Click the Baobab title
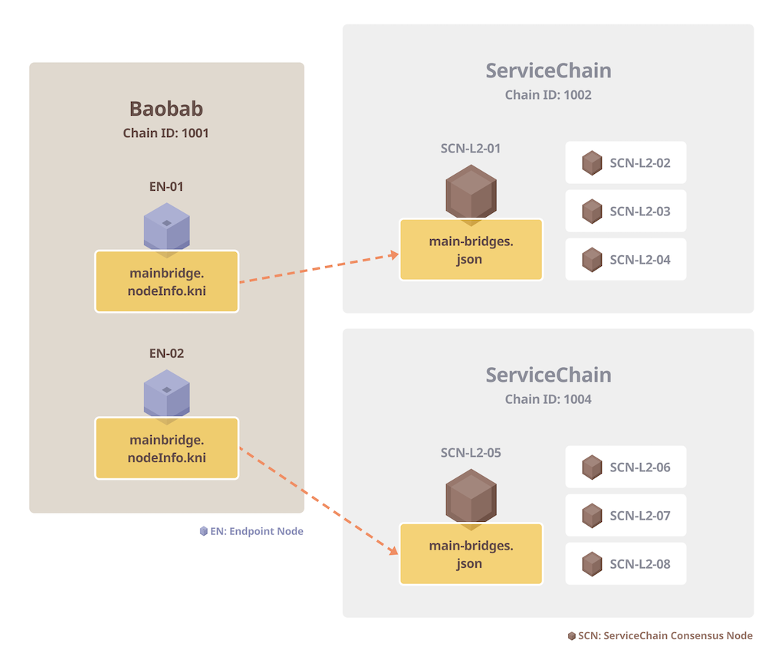[166, 108]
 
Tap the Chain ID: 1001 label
[166, 133]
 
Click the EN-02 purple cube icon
[166, 393]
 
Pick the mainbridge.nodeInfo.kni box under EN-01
[167, 281]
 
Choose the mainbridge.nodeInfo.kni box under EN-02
[167, 448]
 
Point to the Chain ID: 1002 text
[548, 95]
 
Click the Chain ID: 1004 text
[548, 399]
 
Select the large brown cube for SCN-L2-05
[471, 495]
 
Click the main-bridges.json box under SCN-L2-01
[471, 250]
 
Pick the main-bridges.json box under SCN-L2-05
[471, 554]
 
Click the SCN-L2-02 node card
[626, 162]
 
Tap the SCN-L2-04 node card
[626, 260]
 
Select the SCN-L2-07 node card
[626, 515]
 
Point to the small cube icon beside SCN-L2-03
[592, 212]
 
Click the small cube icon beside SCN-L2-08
[592, 564]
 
